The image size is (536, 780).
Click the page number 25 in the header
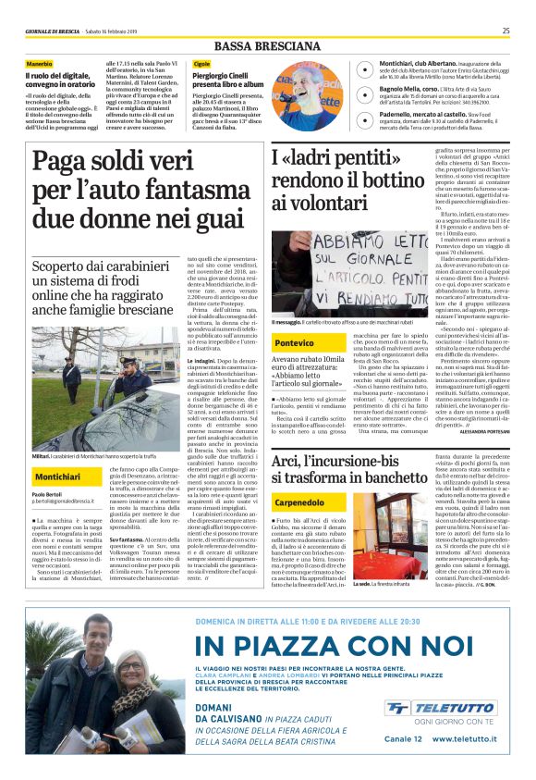coord(506,31)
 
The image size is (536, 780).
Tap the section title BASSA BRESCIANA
coord(268,45)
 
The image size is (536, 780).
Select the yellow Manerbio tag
coord(40,63)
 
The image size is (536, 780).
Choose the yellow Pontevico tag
coord(295,342)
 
